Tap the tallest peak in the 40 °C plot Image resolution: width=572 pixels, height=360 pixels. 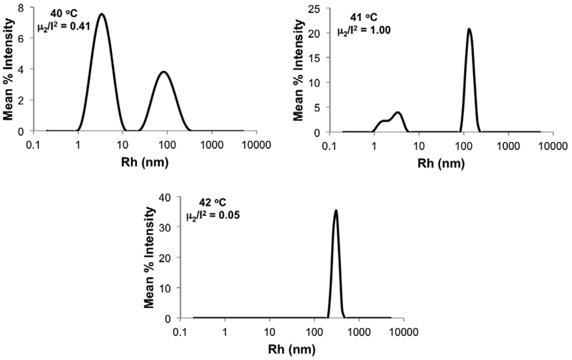(x=102, y=14)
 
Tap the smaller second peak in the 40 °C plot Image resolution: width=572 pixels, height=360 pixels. (x=164, y=72)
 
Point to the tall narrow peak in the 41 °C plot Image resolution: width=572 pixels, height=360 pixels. (x=469, y=29)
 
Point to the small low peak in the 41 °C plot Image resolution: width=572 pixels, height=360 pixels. (x=398, y=113)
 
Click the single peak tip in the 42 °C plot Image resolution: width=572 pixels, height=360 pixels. (x=336, y=211)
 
